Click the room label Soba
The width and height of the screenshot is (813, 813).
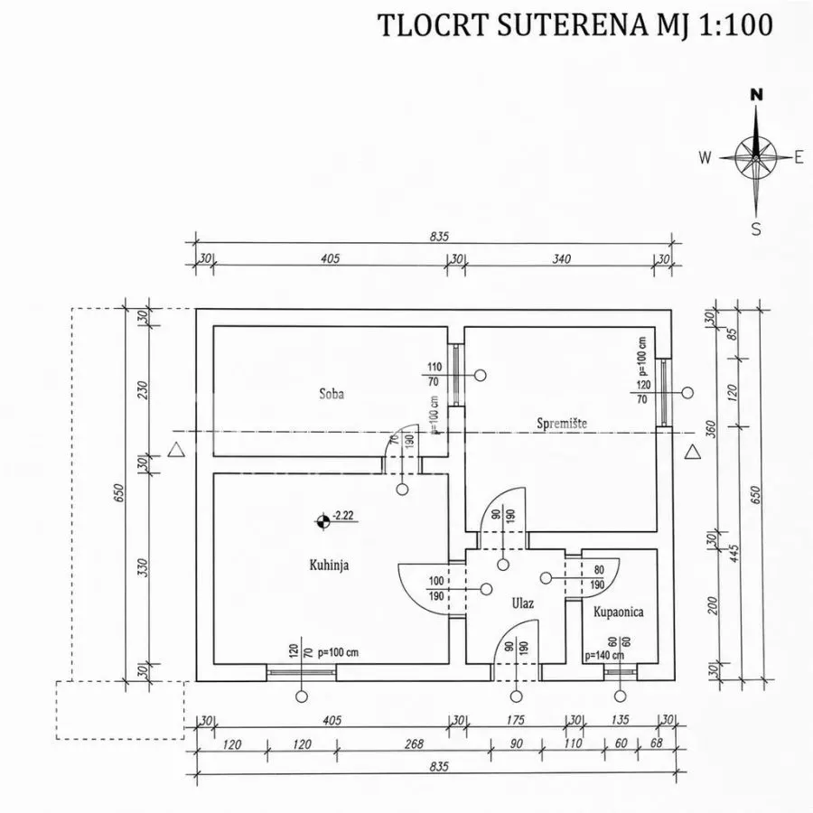(332, 394)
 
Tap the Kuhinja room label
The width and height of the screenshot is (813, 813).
(329, 565)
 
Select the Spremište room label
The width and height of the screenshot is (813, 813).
(562, 424)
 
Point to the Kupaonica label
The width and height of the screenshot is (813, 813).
(619, 612)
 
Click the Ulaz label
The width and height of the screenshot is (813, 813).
(523, 603)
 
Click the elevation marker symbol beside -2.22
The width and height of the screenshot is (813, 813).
(323, 521)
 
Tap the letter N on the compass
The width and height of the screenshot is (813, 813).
(757, 95)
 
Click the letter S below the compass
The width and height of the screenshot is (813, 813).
(756, 229)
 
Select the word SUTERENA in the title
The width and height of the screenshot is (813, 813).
(572, 25)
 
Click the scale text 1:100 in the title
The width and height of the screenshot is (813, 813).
(735, 24)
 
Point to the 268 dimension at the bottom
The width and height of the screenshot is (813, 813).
(414, 744)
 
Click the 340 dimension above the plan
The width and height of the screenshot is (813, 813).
(561, 258)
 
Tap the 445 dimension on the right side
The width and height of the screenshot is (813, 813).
(734, 553)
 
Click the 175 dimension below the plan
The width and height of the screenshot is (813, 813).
(516, 720)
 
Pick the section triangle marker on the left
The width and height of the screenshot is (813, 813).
(176, 450)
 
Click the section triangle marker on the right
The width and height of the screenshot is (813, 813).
(692, 453)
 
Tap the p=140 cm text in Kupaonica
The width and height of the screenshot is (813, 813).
(604, 656)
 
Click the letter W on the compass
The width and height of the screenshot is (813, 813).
(705, 157)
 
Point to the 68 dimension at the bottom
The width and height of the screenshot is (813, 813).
(657, 743)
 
